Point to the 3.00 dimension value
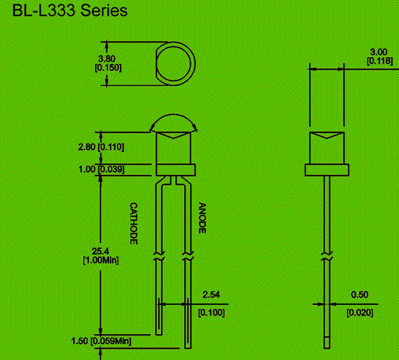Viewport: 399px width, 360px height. [x=378, y=52]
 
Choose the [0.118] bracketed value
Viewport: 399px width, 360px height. [x=378, y=61]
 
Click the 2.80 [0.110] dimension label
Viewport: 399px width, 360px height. [x=100, y=146]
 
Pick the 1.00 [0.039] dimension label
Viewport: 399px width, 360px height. [x=100, y=169]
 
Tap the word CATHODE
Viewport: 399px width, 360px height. [x=133, y=223]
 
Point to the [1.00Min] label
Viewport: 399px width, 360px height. [x=101, y=260]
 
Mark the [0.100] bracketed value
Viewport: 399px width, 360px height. [x=211, y=312]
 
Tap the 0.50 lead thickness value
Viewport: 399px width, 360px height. [x=359, y=294]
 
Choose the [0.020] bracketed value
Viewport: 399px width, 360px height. [x=359, y=312]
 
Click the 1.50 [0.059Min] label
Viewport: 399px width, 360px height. [x=100, y=341]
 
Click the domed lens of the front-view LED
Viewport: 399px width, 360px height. [x=174, y=124]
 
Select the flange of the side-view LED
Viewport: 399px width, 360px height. [x=327, y=170]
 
